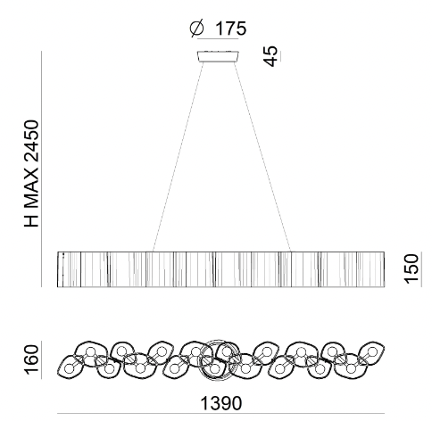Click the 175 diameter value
point(230,29)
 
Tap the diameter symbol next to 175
point(197,29)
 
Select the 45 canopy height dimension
point(270,56)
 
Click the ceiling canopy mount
point(218,56)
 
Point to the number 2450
point(31,145)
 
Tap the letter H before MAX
point(31,220)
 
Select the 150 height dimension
point(411,269)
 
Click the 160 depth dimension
point(31,359)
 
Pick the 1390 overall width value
point(221,403)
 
